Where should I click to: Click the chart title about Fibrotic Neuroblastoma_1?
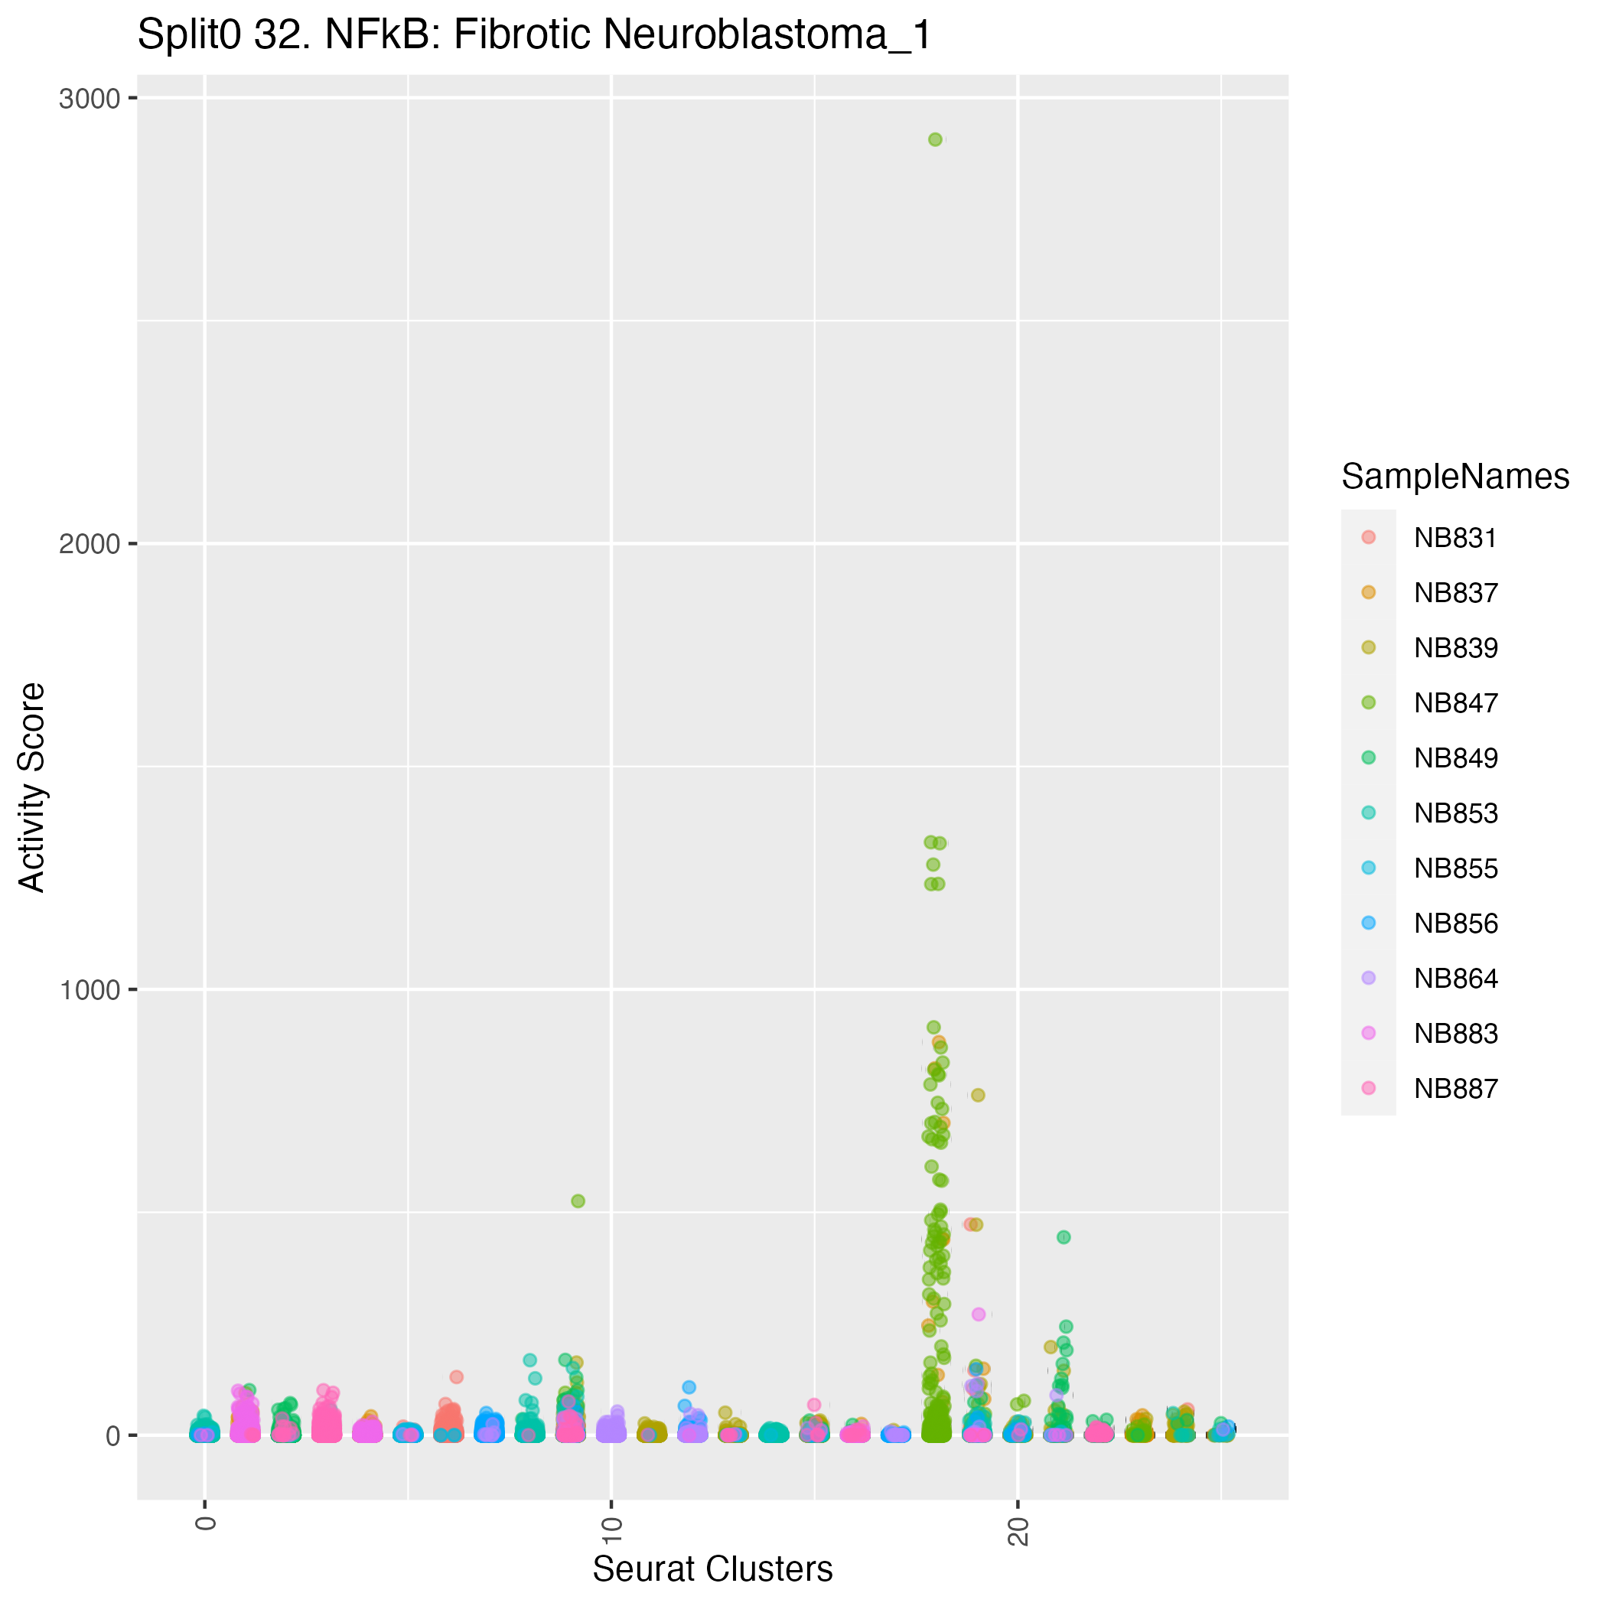535,36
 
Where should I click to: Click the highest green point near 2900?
935,140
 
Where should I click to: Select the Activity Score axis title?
32,787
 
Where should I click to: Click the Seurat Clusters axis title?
712,1569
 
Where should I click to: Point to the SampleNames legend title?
1455,477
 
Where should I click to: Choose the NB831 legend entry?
1455,538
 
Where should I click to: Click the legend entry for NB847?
1455,703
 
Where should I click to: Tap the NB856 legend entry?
1455,924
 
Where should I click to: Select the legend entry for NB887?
1455,1088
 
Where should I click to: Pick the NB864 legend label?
1455,979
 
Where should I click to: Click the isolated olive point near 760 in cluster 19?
979,1095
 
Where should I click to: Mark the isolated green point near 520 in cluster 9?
578,1201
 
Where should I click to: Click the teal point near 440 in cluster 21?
1064,1237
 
